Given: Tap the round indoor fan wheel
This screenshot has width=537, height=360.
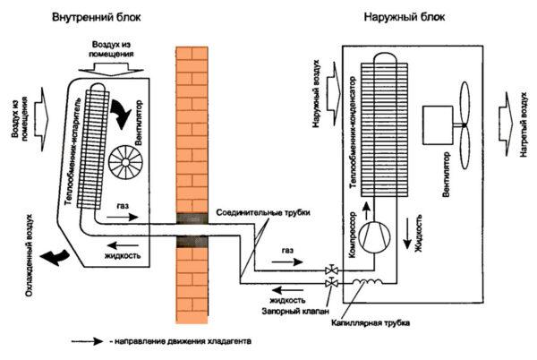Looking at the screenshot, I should tap(125, 166).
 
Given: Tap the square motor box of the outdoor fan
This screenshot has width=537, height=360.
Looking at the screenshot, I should tap(439, 124).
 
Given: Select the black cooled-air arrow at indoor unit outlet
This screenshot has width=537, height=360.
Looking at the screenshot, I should tap(61, 258).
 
